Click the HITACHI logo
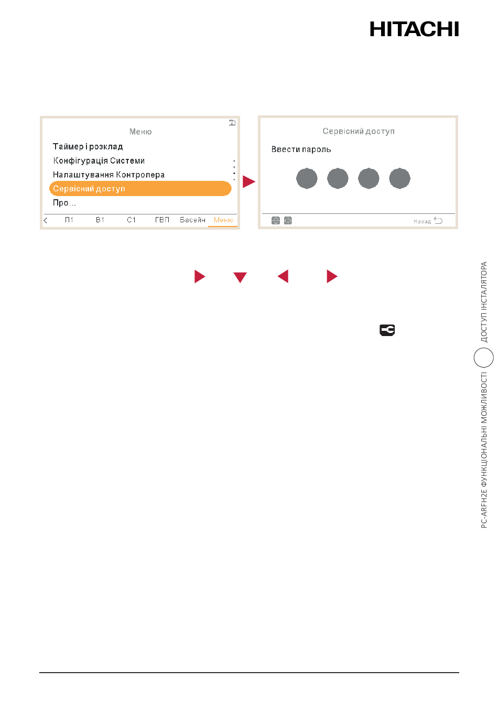point(414,29)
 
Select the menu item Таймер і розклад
point(88,146)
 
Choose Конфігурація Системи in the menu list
point(99,160)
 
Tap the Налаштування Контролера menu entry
point(109,175)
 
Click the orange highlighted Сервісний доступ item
point(140,188)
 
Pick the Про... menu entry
point(64,203)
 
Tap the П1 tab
point(69,220)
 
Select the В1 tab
point(100,220)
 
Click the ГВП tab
point(162,220)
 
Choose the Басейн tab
point(192,220)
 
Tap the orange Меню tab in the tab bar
point(223,220)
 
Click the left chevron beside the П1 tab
point(46,220)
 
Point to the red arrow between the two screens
point(249,181)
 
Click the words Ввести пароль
point(301,149)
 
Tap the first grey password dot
point(307,178)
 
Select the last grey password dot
point(399,178)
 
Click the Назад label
point(422,221)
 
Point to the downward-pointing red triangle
point(240,277)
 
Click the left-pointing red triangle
point(283,276)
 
